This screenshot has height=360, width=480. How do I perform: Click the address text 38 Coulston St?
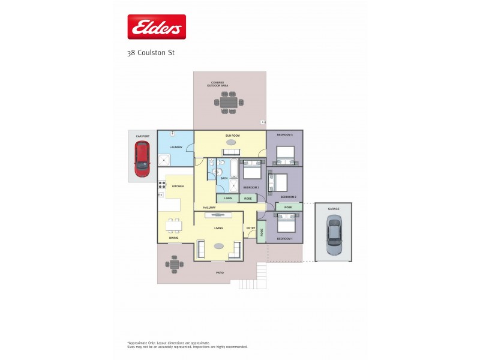151,52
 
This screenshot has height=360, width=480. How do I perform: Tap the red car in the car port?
142,161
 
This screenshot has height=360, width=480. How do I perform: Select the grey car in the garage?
333,236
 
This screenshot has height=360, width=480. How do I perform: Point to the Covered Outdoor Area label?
218,84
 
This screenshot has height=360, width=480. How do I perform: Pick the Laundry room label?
176,147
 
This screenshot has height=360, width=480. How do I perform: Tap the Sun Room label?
232,136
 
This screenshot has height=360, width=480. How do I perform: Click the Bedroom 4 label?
284,135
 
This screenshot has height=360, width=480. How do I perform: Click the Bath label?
224,178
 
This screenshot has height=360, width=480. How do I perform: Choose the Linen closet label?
228,197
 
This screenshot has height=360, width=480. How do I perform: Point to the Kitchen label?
178,187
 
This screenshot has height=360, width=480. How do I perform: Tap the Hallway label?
209,208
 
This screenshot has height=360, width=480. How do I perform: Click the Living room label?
218,228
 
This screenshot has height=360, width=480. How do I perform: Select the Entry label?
250,228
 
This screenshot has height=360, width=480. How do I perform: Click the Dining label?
173,238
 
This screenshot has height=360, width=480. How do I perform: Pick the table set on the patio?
175,263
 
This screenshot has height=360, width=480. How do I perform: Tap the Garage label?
333,209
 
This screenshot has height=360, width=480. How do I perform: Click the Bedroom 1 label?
284,239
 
